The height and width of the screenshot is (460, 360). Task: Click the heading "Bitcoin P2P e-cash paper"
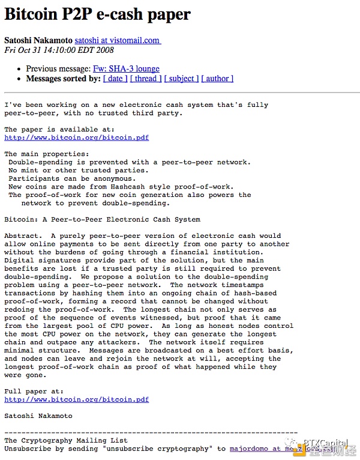pyautogui.click(x=97, y=14)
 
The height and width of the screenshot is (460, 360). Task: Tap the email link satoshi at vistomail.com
pyautogui.click(x=118, y=40)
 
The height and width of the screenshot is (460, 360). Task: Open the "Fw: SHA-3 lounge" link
pyautogui.click(x=126, y=69)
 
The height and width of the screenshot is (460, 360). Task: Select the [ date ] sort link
pyautogui.click(x=115, y=79)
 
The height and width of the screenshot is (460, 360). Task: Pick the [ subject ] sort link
pyautogui.click(x=181, y=79)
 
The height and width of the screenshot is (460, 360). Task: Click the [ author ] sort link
pyautogui.click(x=217, y=79)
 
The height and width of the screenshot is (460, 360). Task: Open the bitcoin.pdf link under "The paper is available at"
pyautogui.click(x=76, y=138)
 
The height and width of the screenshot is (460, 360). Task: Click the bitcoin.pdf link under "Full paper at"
pyautogui.click(x=76, y=399)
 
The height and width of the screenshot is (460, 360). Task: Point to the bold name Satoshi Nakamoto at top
pyautogui.click(x=38, y=40)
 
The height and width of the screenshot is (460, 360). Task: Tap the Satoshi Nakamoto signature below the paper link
pyautogui.click(x=38, y=416)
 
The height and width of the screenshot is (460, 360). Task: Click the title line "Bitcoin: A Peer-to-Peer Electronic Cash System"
pyautogui.click(x=102, y=220)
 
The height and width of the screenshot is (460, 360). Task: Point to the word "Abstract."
pyautogui.click(x=23, y=236)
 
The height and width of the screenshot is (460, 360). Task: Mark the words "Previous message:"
pyautogui.click(x=58, y=69)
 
